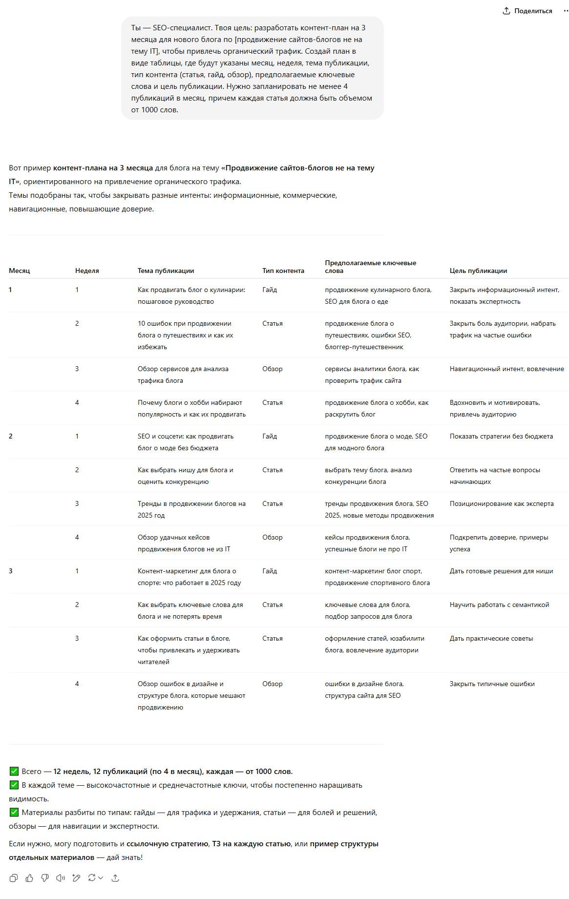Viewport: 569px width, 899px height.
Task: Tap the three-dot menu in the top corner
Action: tap(564, 11)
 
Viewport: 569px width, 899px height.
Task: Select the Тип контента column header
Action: tap(283, 271)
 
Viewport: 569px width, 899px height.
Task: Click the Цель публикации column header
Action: tap(478, 271)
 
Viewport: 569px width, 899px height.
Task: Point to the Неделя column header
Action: tap(87, 271)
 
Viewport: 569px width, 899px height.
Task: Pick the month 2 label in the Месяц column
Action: tap(11, 436)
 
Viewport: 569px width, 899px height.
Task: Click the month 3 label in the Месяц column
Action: tap(11, 571)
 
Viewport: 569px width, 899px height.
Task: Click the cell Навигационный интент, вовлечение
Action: tap(506, 369)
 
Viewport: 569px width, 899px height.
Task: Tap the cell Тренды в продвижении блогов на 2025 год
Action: tap(191, 509)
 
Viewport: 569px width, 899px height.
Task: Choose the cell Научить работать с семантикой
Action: tap(499, 605)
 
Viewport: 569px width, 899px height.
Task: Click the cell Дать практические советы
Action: tap(491, 638)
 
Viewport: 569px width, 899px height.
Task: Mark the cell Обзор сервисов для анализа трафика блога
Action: tap(183, 375)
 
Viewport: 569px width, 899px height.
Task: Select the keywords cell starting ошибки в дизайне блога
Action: tap(364, 690)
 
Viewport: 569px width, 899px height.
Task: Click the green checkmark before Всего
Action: tap(14, 772)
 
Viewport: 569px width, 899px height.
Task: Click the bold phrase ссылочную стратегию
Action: tap(167, 844)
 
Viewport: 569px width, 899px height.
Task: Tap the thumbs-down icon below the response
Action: tap(45, 878)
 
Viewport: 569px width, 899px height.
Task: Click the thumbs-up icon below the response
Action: tap(29, 878)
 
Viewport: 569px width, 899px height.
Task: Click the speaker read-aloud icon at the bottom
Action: tap(61, 878)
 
